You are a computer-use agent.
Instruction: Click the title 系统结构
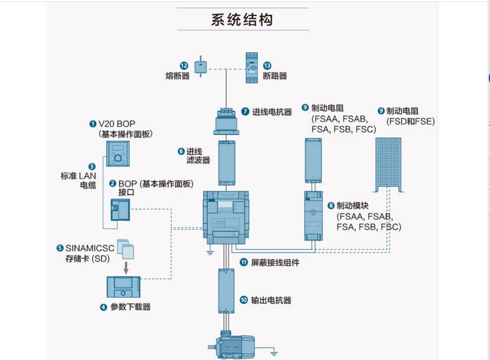[242, 20]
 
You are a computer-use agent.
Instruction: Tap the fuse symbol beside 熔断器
[201, 66]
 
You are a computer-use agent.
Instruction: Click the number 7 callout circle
[245, 112]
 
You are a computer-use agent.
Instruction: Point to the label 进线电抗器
[272, 112]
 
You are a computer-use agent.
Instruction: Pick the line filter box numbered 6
[226, 163]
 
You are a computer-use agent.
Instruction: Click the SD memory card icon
[125, 248]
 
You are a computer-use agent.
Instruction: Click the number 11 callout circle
[244, 263]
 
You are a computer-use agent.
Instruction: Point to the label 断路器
[275, 76]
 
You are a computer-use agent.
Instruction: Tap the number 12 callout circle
[184, 65]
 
